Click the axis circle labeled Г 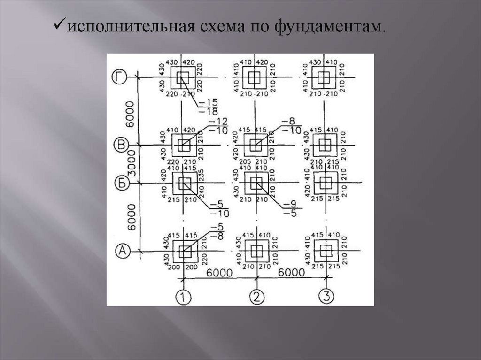pyautogui.click(x=120, y=77)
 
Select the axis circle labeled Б pyautogui.click(x=122, y=183)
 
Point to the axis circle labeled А pyautogui.click(x=122, y=252)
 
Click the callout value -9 pyautogui.click(x=290, y=204)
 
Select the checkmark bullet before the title pyautogui.click(x=59, y=26)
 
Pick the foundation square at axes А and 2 pyautogui.click(x=256, y=252)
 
